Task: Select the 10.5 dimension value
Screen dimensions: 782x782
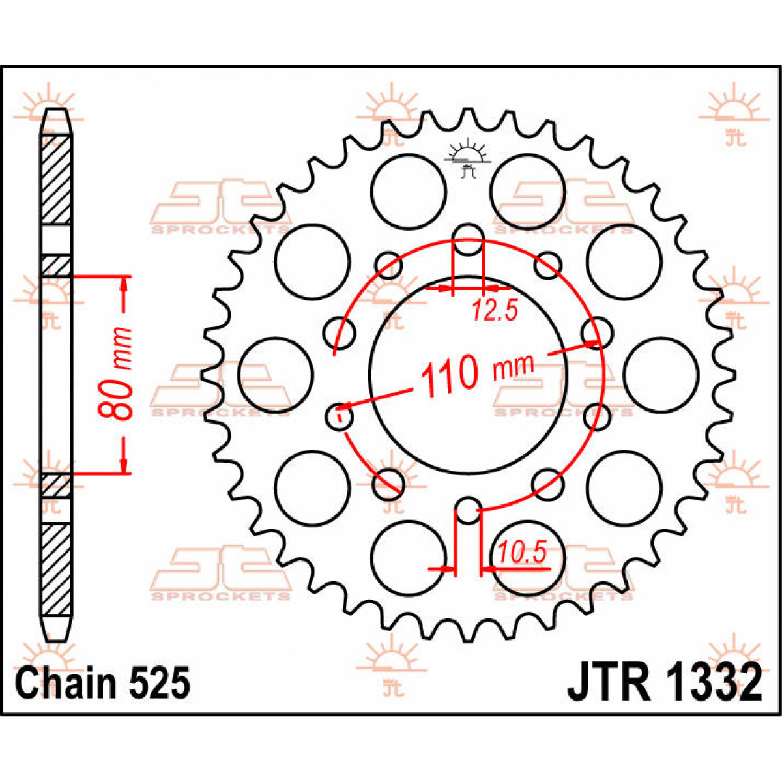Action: click(521, 553)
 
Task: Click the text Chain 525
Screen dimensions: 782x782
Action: click(103, 683)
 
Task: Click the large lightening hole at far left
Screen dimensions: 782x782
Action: click(276, 375)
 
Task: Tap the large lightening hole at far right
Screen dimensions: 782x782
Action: click(661, 375)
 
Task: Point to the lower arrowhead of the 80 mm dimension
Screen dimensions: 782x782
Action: click(124, 464)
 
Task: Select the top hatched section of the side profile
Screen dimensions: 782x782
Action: click(57, 180)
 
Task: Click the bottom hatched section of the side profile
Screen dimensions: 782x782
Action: click(57, 570)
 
